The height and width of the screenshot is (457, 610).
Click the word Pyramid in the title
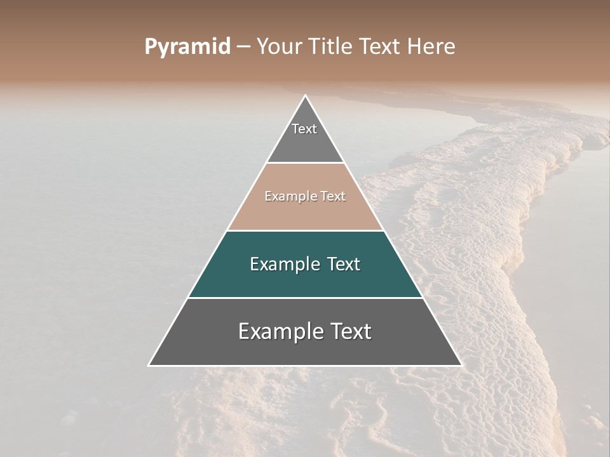coord(187,47)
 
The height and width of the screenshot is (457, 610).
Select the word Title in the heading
coord(332,46)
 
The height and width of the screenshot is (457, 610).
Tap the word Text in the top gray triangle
coord(304,129)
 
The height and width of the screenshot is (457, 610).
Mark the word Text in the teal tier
coord(344,264)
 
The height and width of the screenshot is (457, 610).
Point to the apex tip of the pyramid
coord(305,96)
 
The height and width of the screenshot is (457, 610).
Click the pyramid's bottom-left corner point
coord(149,366)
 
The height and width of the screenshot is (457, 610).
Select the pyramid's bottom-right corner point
coord(461,366)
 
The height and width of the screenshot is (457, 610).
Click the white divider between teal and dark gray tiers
coord(305,298)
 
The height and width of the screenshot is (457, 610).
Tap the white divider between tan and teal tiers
coord(305,230)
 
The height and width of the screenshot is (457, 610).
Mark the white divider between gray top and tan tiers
coord(305,163)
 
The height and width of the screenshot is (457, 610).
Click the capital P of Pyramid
coord(150,46)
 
